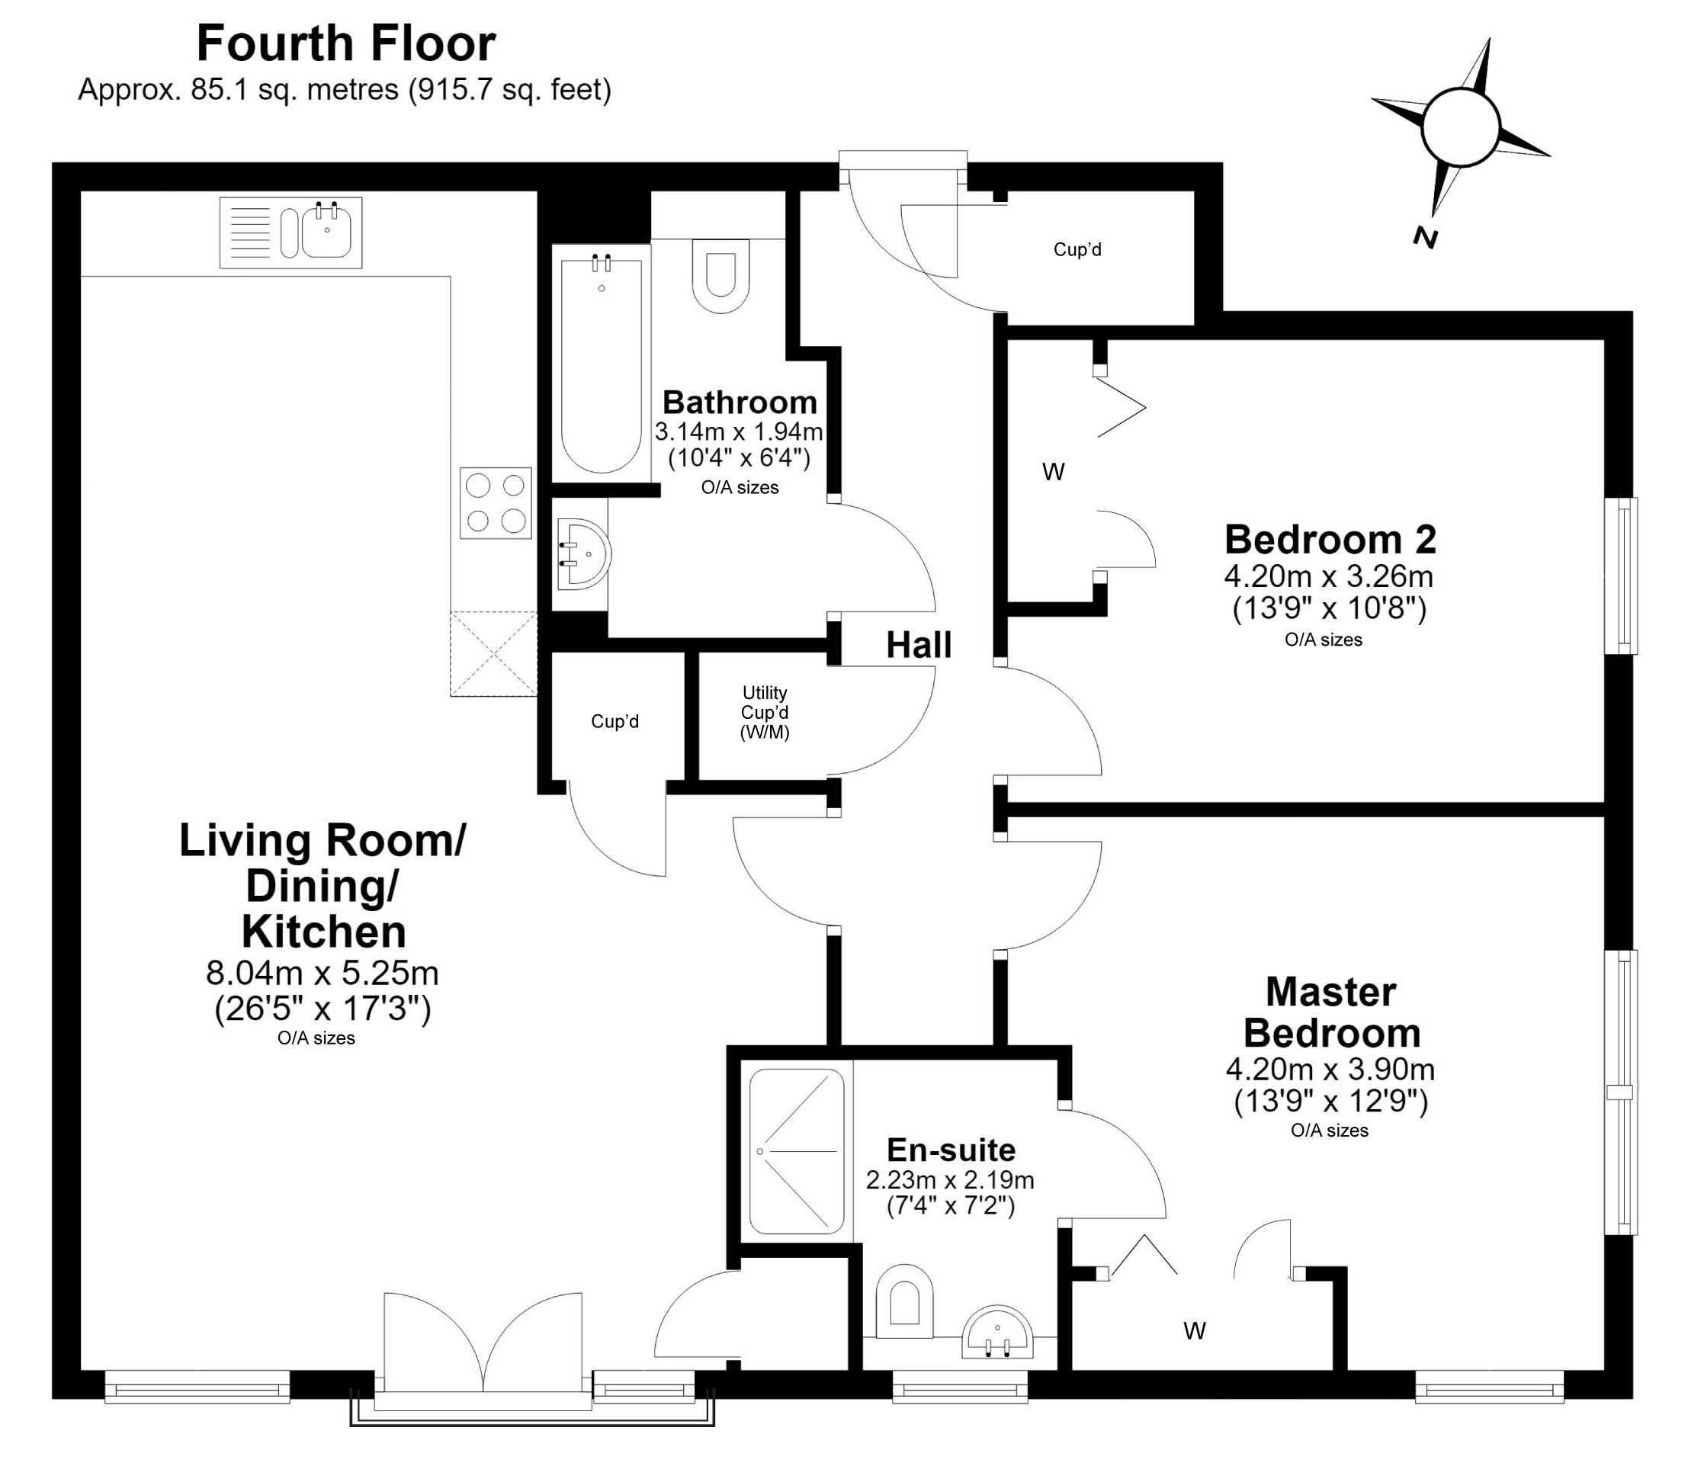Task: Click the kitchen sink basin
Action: pyautogui.click(x=327, y=232)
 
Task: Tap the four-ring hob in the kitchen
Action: pyautogui.click(x=495, y=502)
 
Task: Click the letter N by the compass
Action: pyautogui.click(x=1426, y=238)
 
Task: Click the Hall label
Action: pyautogui.click(x=919, y=646)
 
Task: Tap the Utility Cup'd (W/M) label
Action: pyautogui.click(x=765, y=713)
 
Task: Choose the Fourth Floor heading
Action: pyautogui.click(x=346, y=43)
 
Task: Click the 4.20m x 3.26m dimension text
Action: pyautogui.click(x=1328, y=577)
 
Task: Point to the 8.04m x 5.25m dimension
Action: pyautogui.click(x=323, y=974)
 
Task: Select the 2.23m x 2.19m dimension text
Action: pyautogui.click(x=950, y=1179)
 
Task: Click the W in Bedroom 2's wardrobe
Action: pyautogui.click(x=1053, y=472)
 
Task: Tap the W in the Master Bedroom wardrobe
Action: pyautogui.click(x=1195, y=1331)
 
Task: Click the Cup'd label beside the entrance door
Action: pyautogui.click(x=1077, y=249)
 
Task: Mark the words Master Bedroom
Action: pyautogui.click(x=1331, y=1013)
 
